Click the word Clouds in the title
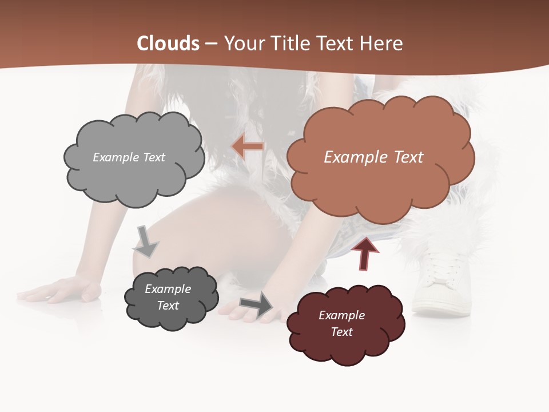tap(168, 43)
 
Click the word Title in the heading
tap(291, 43)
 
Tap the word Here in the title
tap(383, 43)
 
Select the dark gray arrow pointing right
tap(257, 305)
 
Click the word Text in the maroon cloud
tap(341, 332)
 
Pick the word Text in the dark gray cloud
tap(168, 306)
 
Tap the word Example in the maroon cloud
tap(341, 315)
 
